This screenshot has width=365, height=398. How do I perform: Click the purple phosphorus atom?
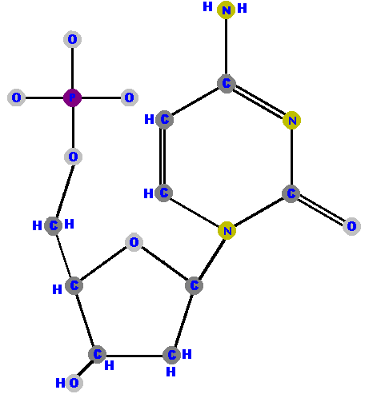pos(72,98)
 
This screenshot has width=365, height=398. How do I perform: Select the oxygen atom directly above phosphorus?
pos(72,39)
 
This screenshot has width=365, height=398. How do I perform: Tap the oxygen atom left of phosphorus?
pos(16,98)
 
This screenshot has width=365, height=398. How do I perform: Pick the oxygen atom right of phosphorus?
pos(130,98)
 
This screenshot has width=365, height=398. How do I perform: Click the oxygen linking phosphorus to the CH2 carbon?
pos(73,157)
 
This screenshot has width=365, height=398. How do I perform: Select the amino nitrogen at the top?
pos(226,10)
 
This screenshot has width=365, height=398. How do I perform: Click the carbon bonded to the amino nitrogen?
pos(227,84)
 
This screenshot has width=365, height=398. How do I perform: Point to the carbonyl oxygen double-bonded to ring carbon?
pos(351,226)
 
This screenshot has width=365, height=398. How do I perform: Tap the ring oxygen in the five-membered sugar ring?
pos(134,242)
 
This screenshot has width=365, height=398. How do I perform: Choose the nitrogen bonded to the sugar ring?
pos(227,230)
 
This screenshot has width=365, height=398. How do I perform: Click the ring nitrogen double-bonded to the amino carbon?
pos(292,121)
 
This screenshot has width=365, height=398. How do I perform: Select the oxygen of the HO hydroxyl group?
pos(74,383)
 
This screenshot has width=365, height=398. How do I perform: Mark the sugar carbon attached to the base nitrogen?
pos(194,285)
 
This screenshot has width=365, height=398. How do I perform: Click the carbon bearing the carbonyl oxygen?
pos(291,193)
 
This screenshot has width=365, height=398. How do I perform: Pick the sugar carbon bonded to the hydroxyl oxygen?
pos(97,354)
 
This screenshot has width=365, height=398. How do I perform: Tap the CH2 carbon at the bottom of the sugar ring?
pos(171,355)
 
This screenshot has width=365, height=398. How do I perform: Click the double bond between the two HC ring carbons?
pos(162,156)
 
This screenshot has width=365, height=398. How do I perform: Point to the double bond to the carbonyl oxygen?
pos(321,210)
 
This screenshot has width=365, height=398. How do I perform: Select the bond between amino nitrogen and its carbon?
pos(226,47)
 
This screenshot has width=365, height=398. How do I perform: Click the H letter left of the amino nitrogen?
pos(207,6)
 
